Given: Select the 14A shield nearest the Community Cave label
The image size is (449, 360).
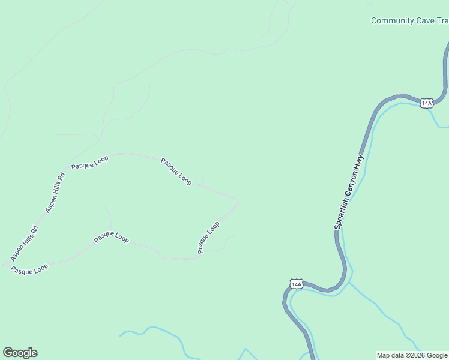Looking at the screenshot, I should point(426,103).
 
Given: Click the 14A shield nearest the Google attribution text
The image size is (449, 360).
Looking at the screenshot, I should point(296,283).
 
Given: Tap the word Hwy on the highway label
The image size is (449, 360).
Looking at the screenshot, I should point(360,161).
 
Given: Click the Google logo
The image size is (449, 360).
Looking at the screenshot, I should point(20,353).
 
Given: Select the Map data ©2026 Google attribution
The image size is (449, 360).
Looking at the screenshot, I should point(412,355).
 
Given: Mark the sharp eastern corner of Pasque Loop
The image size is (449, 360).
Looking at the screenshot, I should point(238,202).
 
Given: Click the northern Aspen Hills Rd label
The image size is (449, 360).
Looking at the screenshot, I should point(55,193).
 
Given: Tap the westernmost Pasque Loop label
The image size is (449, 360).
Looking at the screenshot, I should point(29,269).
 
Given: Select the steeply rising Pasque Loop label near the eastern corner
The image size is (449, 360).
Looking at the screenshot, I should point(209,237).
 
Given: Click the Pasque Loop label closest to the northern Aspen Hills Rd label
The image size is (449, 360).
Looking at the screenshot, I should point(89,163).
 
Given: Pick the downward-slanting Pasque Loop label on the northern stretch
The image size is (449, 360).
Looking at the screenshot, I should point(176,172).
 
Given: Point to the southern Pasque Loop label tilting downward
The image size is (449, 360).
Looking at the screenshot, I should point(111,238).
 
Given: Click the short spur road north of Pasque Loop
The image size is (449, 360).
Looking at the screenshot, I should point(202,179).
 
